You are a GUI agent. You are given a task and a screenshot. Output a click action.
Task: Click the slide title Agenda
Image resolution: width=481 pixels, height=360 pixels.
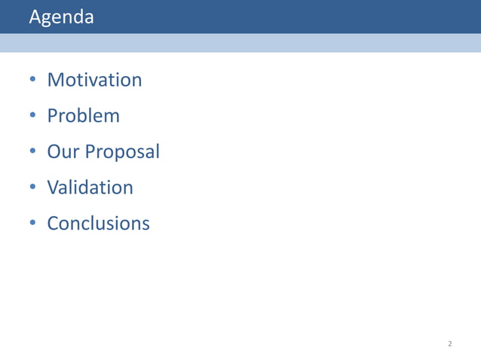61,17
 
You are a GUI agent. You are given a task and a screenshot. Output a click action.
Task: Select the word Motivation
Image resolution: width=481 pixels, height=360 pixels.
94,80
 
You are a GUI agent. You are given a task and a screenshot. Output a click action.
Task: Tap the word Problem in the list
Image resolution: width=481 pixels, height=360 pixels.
83,116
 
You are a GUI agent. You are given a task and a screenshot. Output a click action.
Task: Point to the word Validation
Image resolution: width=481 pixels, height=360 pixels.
90,188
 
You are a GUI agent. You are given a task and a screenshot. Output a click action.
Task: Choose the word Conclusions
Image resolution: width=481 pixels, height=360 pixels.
98,224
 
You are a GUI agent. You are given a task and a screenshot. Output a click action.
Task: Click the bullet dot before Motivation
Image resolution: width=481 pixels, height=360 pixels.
33,81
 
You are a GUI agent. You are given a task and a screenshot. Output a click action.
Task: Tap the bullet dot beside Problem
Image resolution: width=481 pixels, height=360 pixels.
33,117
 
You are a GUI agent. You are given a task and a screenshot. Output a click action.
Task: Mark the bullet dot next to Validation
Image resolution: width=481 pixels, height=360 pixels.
33,188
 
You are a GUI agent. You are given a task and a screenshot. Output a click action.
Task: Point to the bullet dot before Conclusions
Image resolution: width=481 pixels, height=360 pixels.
33,224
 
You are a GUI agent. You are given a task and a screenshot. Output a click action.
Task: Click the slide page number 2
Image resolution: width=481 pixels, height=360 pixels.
450,344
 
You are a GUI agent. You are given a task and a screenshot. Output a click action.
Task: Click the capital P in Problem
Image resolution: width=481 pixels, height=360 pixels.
52,116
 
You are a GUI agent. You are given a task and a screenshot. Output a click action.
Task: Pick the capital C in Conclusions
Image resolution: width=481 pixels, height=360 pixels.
54,224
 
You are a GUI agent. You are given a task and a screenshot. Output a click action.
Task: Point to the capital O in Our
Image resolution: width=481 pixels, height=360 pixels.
54,152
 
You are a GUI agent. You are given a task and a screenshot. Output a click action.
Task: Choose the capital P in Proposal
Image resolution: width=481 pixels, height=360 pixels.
90,152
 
